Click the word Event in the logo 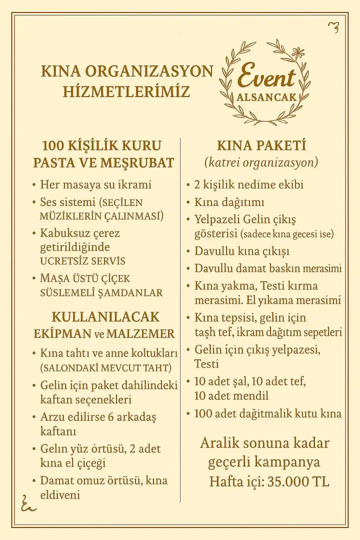click(266, 78)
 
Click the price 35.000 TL click(298, 481)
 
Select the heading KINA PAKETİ click(261, 146)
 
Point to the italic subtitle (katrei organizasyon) click(261, 163)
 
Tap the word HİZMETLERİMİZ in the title click(126, 92)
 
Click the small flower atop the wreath click(298, 51)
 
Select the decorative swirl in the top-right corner click(333, 27)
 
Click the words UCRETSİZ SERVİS click(82, 261)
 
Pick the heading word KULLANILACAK click(105, 317)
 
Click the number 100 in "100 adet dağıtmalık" click(203, 413)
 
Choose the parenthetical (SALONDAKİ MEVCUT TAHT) click(105, 368)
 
